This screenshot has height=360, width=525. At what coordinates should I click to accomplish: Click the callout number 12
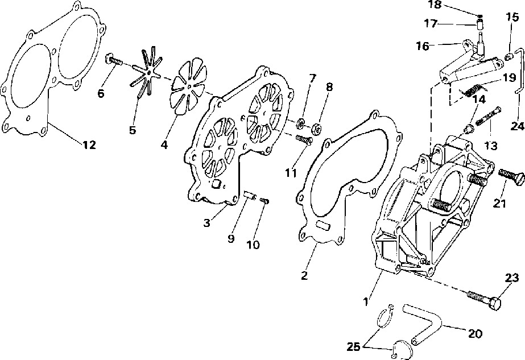click(88, 145)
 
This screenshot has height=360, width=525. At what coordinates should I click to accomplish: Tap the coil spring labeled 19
click(473, 89)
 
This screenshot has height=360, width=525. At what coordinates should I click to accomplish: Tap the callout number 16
click(422, 46)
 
